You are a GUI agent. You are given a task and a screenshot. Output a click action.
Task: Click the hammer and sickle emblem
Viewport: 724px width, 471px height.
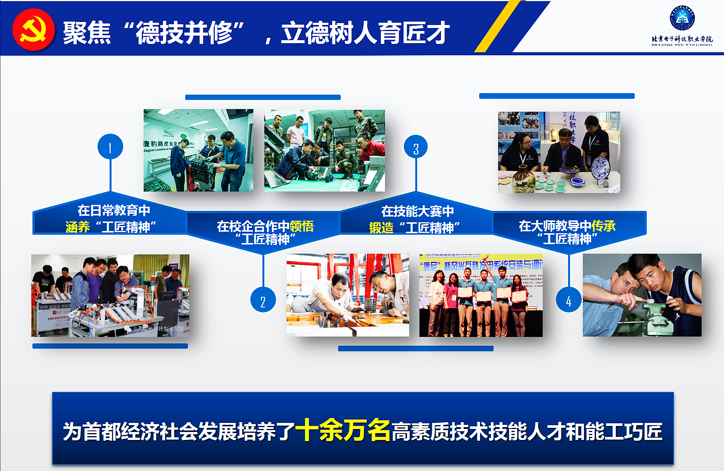33,30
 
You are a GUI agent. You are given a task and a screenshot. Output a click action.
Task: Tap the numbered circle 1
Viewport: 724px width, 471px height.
110,147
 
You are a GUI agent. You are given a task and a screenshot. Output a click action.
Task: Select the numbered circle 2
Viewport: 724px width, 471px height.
263,300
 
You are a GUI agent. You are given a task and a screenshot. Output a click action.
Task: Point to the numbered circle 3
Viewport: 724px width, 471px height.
416,147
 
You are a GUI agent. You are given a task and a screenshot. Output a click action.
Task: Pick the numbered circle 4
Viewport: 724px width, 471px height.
569,300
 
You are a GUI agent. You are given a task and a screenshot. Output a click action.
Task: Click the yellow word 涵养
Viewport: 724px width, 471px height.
78,227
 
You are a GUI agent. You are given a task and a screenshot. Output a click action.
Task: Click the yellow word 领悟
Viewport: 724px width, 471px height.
301,226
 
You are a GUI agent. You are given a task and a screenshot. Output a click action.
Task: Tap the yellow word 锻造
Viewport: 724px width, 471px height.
381,228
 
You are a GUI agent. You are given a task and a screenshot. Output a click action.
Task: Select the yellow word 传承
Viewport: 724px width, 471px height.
603,226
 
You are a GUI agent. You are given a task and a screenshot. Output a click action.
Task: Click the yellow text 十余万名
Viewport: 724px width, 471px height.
343,430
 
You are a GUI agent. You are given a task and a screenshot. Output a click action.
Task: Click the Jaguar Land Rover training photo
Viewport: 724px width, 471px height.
198,150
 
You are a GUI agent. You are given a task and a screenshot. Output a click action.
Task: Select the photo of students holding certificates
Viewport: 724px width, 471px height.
481,295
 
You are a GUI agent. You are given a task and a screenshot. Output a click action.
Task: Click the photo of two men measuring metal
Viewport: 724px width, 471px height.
348,295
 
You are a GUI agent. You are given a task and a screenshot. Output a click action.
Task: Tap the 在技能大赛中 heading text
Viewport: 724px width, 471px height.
417,211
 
